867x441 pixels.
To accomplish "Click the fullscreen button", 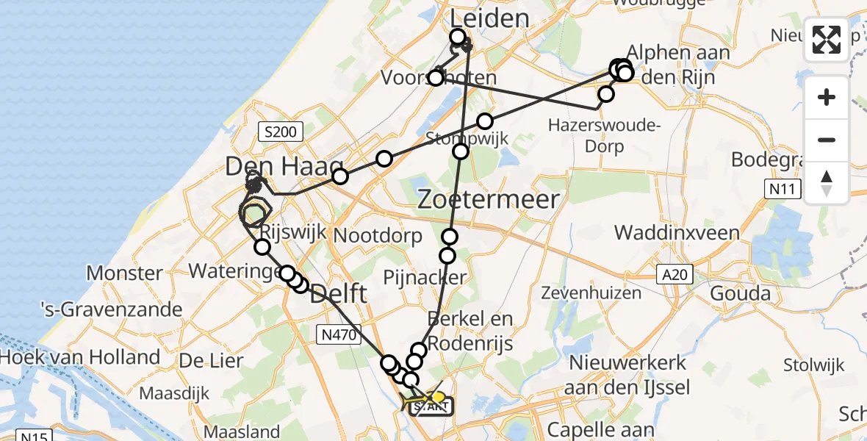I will click(827, 40).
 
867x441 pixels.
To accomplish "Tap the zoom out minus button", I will click(827, 140).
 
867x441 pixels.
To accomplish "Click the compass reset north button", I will click(827, 183).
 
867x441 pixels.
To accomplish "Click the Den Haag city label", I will click(284, 167).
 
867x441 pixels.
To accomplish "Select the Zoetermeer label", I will click(489, 199).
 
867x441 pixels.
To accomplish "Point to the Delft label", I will click(338, 295).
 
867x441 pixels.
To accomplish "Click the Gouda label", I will click(745, 293).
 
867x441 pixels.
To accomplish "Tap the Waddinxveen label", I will click(677, 233).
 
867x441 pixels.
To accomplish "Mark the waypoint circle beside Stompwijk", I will click(461, 151).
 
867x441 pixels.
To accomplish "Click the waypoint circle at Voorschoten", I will click(436, 78).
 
